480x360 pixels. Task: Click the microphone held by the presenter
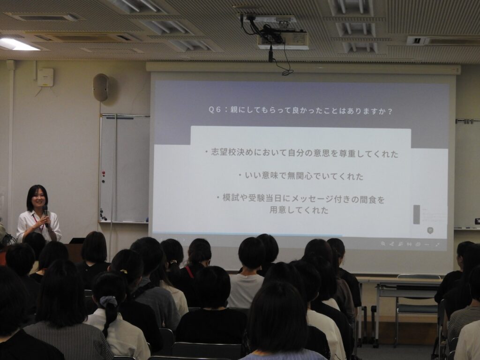pyautogui.click(x=45, y=215)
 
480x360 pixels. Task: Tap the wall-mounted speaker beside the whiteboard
pyautogui.click(x=101, y=87)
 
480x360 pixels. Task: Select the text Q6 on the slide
pyautogui.click(x=214, y=110)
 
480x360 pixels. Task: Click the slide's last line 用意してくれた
pyautogui.click(x=299, y=210)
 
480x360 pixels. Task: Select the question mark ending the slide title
pyautogui.click(x=390, y=112)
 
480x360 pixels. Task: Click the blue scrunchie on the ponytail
pyautogui.click(x=108, y=301)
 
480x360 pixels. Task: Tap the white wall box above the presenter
pyautogui.click(x=45, y=77)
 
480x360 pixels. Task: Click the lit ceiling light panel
pyautogui.click(x=18, y=45)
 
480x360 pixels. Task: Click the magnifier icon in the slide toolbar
pyautogui.click(x=383, y=244)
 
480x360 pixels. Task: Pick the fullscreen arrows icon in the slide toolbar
pyautogui.click(x=437, y=244)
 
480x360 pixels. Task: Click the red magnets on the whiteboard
pyautogui.click(x=103, y=174)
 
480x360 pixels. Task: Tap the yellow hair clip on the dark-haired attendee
pyautogui.click(x=124, y=271)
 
